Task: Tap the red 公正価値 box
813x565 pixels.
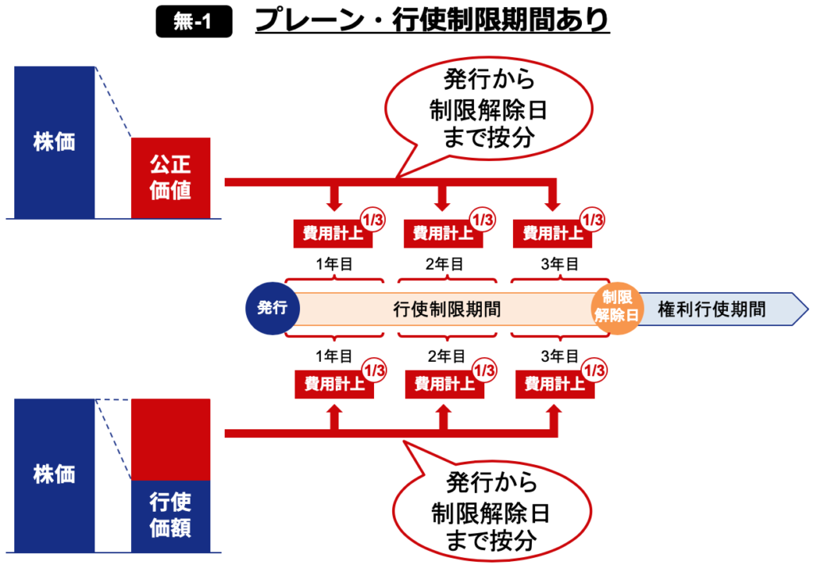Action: pyautogui.click(x=171, y=178)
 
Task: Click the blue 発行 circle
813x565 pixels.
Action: pyautogui.click(x=272, y=308)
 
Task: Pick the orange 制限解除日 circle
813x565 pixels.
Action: pyautogui.click(x=616, y=307)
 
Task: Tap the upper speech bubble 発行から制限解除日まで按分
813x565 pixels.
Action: pyautogui.click(x=488, y=108)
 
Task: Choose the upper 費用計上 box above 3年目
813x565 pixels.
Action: pyautogui.click(x=550, y=233)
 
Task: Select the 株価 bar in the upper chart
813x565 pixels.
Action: pyautogui.click(x=54, y=142)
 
